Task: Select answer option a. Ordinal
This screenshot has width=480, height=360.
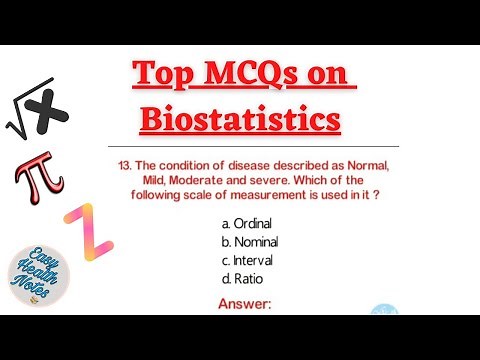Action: point(246,224)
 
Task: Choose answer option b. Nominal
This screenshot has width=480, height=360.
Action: point(249,242)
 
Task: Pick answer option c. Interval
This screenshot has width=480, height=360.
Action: point(247,260)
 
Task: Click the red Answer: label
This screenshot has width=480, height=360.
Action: point(244,302)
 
